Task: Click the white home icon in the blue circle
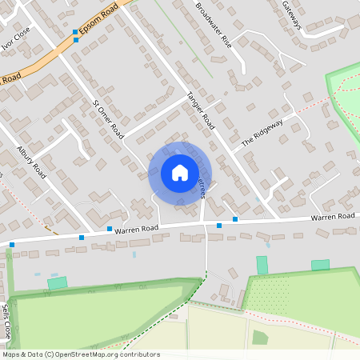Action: (180, 173)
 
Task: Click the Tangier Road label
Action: (202, 109)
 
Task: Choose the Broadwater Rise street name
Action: (213, 25)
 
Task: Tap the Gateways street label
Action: (291, 15)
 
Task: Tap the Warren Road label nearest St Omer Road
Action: (136, 229)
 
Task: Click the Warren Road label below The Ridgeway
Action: (333, 217)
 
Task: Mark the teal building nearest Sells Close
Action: (57, 282)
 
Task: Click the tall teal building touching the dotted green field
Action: (262, 265)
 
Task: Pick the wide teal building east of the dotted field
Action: (320, 265)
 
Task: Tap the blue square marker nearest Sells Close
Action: (12, 244)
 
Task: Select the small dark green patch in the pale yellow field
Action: (260, 338)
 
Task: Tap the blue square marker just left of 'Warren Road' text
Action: (110, 230)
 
